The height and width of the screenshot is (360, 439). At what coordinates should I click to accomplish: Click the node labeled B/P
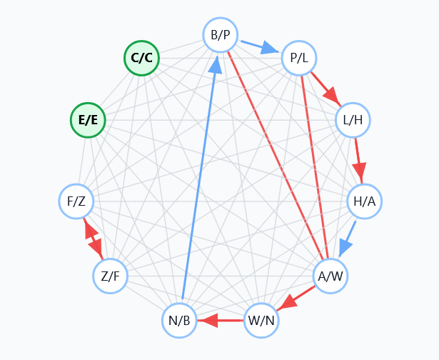(220, 35)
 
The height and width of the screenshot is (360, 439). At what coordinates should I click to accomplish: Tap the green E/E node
(88, 120)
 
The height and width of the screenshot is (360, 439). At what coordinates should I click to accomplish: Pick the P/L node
(299, 59)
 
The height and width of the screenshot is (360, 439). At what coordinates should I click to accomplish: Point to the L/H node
(353, 119)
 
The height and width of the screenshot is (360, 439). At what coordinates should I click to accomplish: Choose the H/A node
(364, 201)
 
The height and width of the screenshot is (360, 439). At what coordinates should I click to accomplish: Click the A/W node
(330, 275)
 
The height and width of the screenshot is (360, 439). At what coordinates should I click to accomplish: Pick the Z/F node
(110, 275)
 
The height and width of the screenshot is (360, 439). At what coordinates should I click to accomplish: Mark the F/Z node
(76, 201)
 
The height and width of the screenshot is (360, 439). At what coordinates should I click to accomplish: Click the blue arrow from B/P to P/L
(259, 47)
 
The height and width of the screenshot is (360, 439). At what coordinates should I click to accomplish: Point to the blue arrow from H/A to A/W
(348, 238)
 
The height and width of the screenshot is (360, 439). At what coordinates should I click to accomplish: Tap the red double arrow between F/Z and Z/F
(94, 239)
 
